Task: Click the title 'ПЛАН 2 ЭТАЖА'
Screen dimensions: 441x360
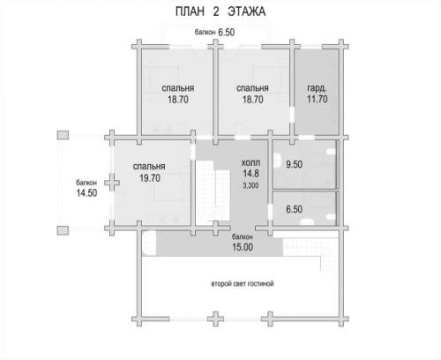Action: click(x=220, y=11)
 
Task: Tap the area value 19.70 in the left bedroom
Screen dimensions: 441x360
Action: click(x=150, y=178)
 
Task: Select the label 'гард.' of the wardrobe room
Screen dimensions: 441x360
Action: click(x=317, y=88)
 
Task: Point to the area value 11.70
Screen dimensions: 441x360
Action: click(x=318, y=99)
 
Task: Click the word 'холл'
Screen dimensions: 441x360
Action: click(x=250, y=162)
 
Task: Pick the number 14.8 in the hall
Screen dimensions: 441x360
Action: click(x=250, y=174)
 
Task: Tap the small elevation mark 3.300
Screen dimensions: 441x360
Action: click(x=250, y=185)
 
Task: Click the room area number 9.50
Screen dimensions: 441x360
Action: click(x=295, y=164)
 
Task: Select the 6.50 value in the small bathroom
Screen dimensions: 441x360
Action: click(x=295, y=209)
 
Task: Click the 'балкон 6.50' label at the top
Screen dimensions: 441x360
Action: click(x=214, y=33)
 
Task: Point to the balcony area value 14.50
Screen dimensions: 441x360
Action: click(x=86, y=193)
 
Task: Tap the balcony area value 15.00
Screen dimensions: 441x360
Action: click(x=243, y=247)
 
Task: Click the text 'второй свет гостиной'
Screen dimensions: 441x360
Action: click(x=243, y=284)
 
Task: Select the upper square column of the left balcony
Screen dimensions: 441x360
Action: click(x=63, y=135)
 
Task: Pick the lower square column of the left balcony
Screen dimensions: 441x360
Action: click(x=63, y=230)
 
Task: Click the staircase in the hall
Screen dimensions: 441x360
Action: click(x=213, y=191)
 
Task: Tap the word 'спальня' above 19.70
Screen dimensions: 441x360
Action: click(x=149, y=167)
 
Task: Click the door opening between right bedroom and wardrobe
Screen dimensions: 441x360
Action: click(x=292, y=115)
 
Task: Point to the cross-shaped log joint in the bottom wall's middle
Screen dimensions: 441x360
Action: click(x=215, y=319)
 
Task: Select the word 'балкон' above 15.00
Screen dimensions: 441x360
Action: click(x=243, y=236)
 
